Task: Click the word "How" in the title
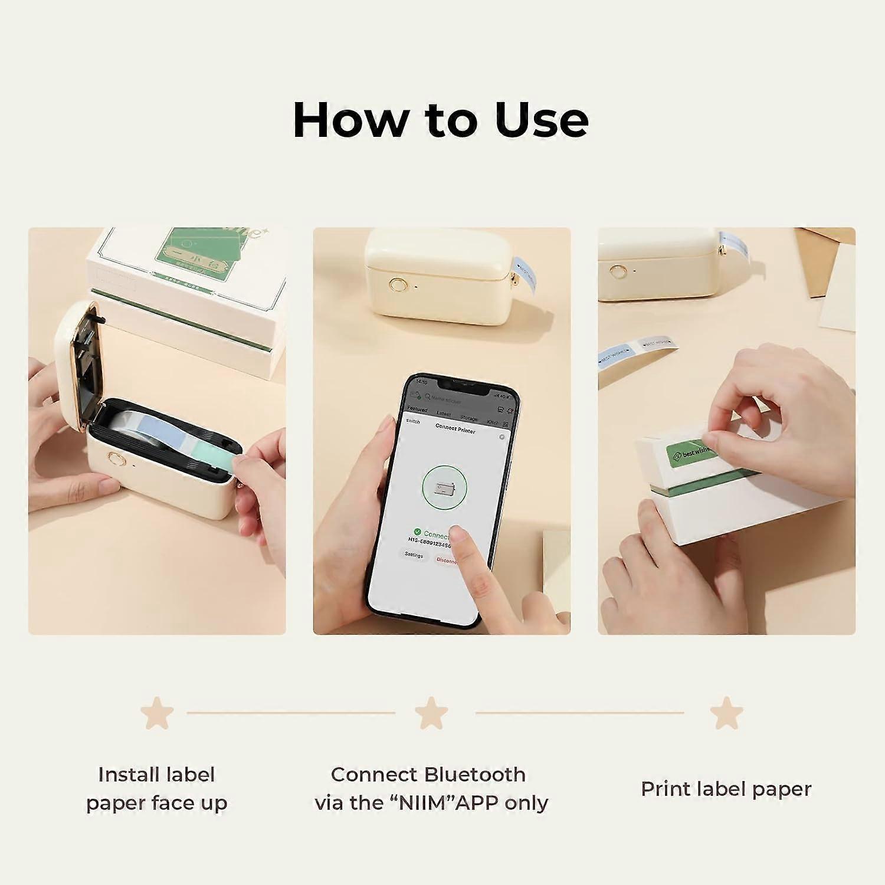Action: [x=350, y=120]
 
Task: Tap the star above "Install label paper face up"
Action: [x=157, y=713]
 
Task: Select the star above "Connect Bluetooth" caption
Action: [x=431, y=713]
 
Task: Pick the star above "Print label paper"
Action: [x=726, y=713]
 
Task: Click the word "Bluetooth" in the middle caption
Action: [x=474, y=774]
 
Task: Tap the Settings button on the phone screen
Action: [x=414, y=555]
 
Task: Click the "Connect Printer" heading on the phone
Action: [x=455, y=429]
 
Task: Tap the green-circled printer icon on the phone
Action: [x=444, y=488]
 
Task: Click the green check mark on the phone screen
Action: [x=417, y=532]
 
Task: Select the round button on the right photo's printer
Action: [x=618, y=273]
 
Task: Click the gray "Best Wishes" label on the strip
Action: [x=656, y=343]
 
